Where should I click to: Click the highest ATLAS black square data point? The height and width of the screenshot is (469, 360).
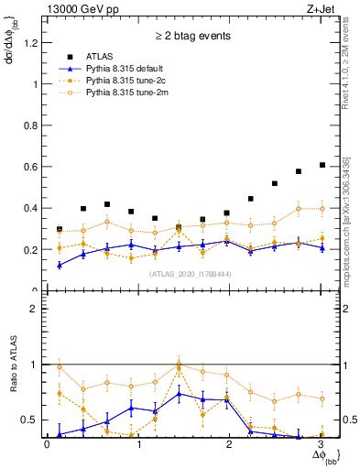pyautogui.click(x=322, y=165)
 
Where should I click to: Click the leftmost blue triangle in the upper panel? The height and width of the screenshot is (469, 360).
pyautogui.click(x=60, y=265)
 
